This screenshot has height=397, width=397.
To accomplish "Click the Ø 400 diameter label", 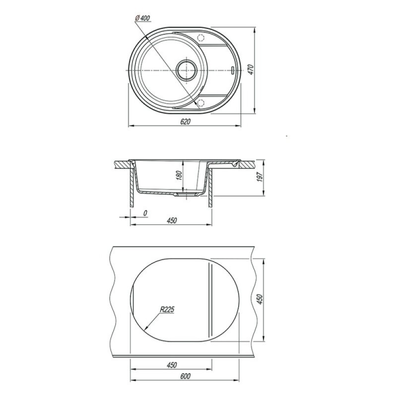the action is click(x=142, y=18).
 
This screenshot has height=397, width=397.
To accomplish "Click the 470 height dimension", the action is click(x=251, y=69).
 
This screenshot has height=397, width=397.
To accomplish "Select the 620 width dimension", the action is click(x=185, y=122).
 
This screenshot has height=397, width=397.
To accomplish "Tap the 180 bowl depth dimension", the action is click(x=179, y=175).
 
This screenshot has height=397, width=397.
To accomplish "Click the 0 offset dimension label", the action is click(x=145, y=213).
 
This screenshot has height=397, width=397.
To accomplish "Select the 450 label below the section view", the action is click(x=172, y=220).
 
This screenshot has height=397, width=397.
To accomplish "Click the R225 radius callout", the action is click(x=167, y=309).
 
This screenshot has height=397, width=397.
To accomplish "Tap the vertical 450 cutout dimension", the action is click(x=260, y=300).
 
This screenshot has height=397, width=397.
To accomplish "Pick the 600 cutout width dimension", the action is click(x=185, y=376).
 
